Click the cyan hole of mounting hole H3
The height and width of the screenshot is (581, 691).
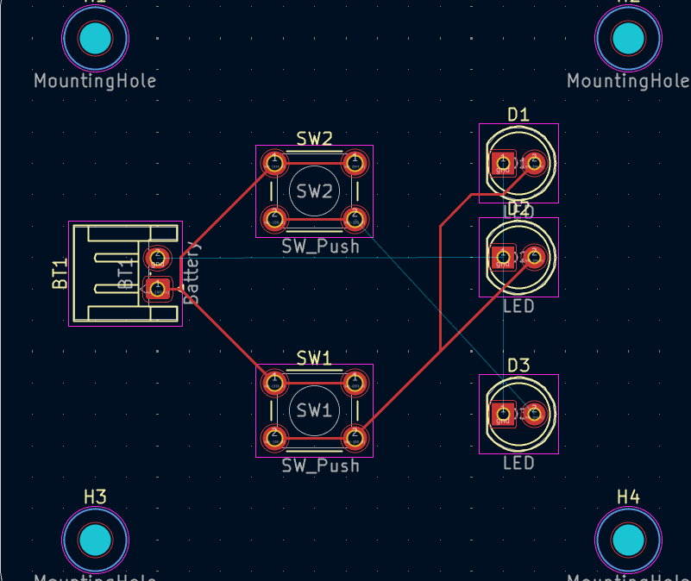click(95, 540)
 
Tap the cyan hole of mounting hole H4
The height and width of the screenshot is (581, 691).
click(628, 540)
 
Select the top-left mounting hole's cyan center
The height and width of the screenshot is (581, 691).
click(95, 38)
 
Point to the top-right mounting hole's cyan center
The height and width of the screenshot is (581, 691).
click(628, 38)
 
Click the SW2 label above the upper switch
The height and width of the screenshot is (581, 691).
click(314, 138)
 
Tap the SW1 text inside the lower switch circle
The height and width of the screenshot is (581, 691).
click(314, 410)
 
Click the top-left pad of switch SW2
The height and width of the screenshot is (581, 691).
click(274, 162)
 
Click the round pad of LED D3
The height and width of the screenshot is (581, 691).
click(534, 415)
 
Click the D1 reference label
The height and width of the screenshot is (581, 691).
click(518, 115)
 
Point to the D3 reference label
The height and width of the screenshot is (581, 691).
click(518, 365)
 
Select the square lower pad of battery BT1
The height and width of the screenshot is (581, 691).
click(157, 289)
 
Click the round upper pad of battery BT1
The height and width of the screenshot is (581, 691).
click(157, 257)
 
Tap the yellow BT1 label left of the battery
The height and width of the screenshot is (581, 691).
click(60, 273)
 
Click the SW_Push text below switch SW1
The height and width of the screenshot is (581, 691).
click(320, 465)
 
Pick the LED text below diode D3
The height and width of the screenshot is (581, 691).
click(518, 463)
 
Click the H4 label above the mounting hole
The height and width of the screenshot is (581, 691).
click(628, 497)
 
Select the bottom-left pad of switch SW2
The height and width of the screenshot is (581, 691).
click(274, 218)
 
